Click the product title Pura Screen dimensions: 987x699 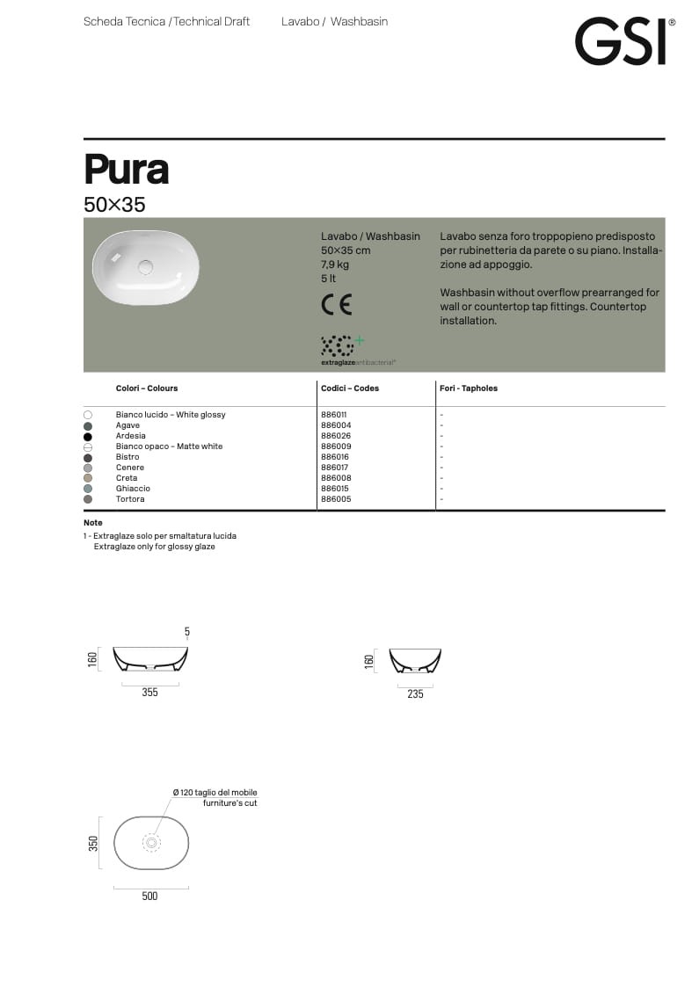(127, 169)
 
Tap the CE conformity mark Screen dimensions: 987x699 (337, 305)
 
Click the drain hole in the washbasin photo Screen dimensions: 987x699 (146, 266)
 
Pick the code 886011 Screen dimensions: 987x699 (336, 415)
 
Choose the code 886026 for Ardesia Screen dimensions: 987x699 (336, 436)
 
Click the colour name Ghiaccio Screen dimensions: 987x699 (133, 489)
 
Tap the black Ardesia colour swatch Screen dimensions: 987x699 (88, 436)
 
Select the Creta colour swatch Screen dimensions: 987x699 (88, 478)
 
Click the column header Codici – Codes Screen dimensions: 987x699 (350, 388)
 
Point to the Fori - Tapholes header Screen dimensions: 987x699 (469, 388)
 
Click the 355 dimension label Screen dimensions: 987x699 (150, 693)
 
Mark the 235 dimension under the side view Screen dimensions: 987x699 (415, 694)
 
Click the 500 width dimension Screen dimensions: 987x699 (150, 896)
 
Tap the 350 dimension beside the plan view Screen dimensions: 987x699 (93, 843)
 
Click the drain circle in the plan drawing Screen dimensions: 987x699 (151, 843)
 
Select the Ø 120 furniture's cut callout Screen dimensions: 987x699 (215, 798)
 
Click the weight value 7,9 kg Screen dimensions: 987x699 (335, 265)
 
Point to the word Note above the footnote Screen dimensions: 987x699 (93, 523)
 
